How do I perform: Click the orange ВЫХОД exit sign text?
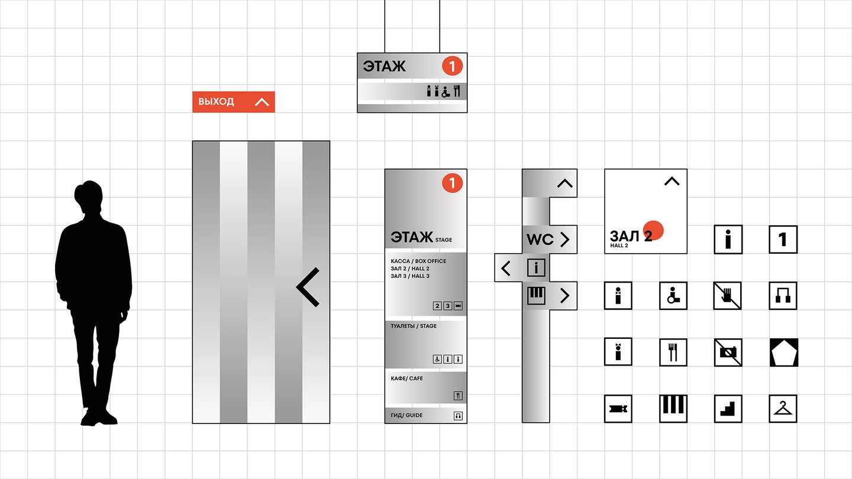(216, 102)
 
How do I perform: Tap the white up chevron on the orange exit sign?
(262, 102)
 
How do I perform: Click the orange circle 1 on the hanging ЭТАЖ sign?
(452, 66)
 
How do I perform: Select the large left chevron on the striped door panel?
(308, 287)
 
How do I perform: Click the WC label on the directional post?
(540, 239)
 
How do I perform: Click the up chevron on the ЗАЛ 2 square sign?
(672, 181)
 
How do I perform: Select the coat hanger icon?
(783, 408)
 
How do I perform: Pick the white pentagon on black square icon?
(783, 352)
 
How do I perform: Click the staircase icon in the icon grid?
(728, 408)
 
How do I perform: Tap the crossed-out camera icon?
(728, 352)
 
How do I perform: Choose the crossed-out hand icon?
(728, 295)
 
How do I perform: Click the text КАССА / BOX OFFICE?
(418, 261)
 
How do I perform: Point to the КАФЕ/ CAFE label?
(407, 378)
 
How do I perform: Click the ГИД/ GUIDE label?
(406, 415)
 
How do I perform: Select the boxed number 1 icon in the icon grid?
(783, 239)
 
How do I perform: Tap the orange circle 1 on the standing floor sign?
(452, 183)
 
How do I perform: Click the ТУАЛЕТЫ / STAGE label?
(414, 326)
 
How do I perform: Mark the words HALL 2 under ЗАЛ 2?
(619, 245)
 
